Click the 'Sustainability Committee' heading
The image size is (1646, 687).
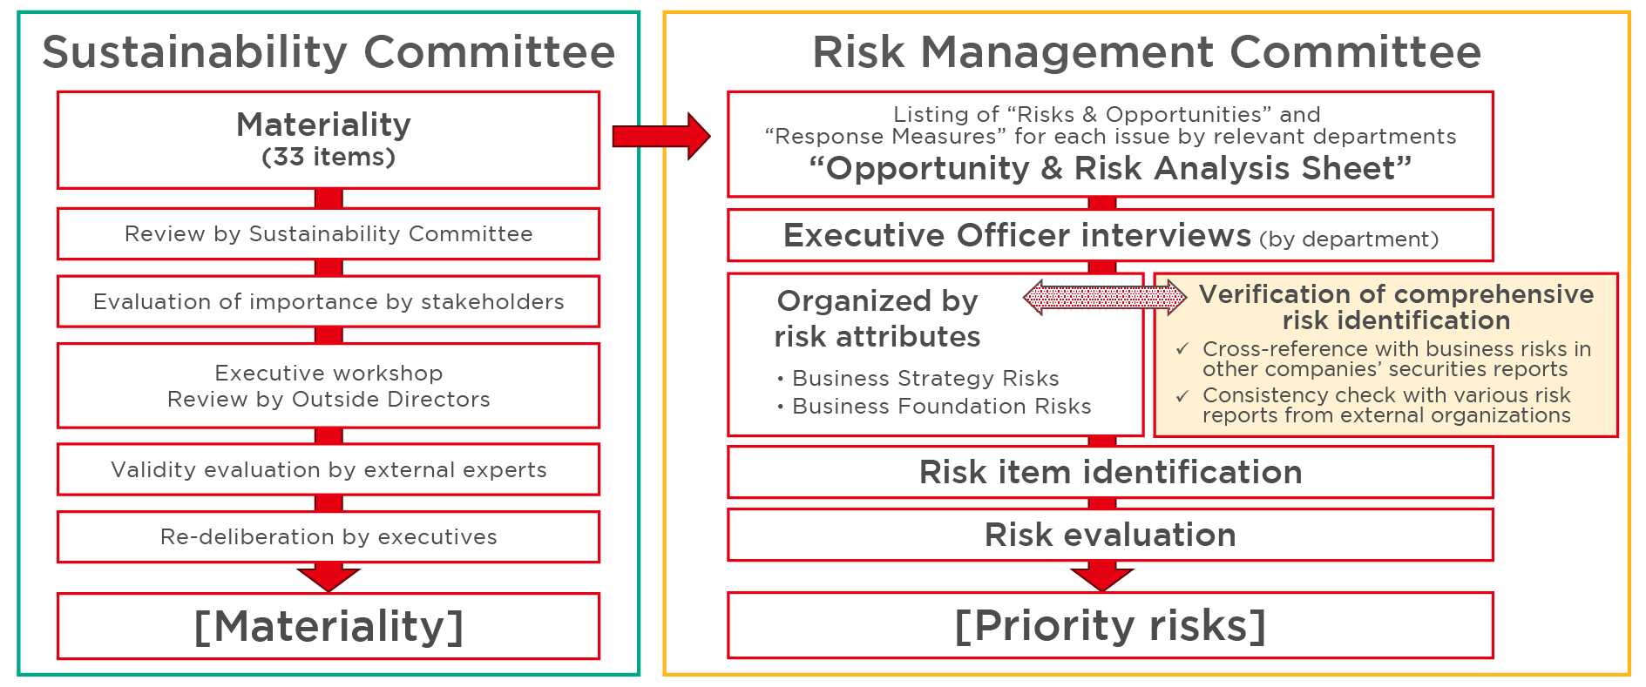[x=329, y=51]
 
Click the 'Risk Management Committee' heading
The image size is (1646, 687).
[x=1147, y=51]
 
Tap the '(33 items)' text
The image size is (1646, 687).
[x=329, y=157]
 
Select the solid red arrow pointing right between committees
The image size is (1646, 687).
[x=661, y=136]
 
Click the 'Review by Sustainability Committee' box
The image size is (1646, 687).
[x=329, y=233]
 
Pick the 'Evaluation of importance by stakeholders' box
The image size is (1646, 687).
[x=329, y=301]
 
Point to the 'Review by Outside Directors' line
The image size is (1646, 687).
[x=329, y=399]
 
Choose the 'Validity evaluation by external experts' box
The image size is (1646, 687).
[x=329, y=469]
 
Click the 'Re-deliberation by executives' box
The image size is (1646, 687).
[x=329, y=536]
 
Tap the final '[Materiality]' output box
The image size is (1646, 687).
[x=329, y=626]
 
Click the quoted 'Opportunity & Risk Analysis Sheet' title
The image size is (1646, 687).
[x=1110, y=168]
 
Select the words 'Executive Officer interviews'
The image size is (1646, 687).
[x=1017, y=235]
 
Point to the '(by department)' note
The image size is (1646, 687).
[x=1349, y=239]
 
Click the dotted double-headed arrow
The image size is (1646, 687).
[x=1105, y=298]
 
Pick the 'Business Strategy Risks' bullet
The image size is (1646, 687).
[x=918, y=378]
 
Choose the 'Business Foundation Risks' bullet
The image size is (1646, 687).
[x=933, y=406]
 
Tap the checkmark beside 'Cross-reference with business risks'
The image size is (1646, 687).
[x=1182, y=348]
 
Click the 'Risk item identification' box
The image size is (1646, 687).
[x=1110, y=472]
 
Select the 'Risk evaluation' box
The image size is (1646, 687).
[x=1110, y=535]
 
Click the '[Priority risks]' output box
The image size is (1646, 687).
[x=1110, y=625]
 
